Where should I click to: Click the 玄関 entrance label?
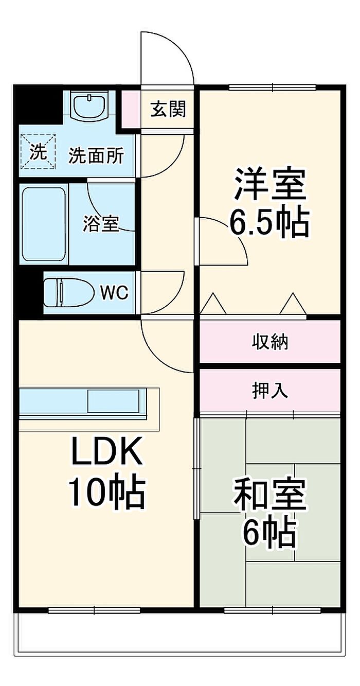coord(168,109)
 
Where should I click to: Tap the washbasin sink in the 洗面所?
coord(90,105)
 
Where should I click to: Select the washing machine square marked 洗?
coord(38,151)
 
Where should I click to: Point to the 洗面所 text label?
coord(96,155)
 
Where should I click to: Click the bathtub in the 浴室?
coord(44,223)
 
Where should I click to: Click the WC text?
coord(114,293)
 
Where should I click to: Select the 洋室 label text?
coord(270,184)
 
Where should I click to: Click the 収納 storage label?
coord(270,341)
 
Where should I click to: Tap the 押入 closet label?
coord(270,391)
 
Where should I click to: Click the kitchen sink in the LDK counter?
coord(113,401)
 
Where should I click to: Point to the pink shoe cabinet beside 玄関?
coord(130,108)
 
